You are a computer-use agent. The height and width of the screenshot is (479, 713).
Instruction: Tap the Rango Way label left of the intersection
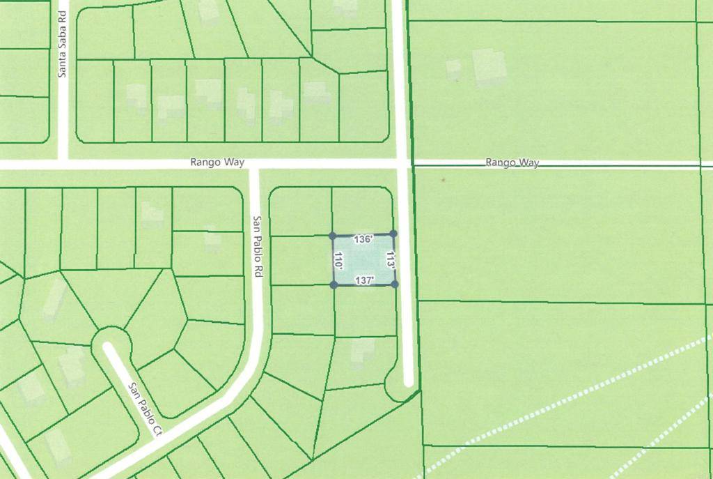click(217, 162)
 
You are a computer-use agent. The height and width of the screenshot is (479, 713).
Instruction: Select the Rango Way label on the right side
click(512, 162)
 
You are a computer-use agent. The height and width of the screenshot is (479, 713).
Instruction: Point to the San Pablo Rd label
click(256, 247)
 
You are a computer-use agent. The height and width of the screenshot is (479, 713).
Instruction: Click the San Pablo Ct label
click(144, 409)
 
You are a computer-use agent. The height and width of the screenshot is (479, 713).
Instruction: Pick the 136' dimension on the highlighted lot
click(363, 239)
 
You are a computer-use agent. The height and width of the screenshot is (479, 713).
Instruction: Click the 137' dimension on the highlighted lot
click(365, 280)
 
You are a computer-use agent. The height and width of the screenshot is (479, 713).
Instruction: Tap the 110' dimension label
click(339, 261)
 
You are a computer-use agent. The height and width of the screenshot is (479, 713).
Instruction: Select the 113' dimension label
click(390, 259)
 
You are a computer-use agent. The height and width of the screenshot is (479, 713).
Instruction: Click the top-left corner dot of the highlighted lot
click(333, 236)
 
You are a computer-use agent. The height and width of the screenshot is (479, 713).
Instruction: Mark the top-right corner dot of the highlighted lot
click(393, 234)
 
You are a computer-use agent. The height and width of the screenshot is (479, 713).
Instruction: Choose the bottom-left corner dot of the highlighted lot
click(334, 284)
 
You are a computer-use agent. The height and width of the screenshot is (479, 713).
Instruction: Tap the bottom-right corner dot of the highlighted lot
click(395, 284)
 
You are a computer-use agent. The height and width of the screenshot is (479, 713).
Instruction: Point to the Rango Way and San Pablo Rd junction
click(255, 165)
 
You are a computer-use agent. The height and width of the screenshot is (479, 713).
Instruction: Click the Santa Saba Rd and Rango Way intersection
click(63, 165)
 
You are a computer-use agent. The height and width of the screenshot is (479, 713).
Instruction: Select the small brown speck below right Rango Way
click(442, 179)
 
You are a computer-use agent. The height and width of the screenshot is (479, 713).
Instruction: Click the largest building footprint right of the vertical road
click(490, 67)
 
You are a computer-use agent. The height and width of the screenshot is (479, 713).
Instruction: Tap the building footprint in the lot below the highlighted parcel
click(361, 351)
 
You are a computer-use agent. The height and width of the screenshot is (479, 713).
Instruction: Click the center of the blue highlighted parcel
click(363, 259)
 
